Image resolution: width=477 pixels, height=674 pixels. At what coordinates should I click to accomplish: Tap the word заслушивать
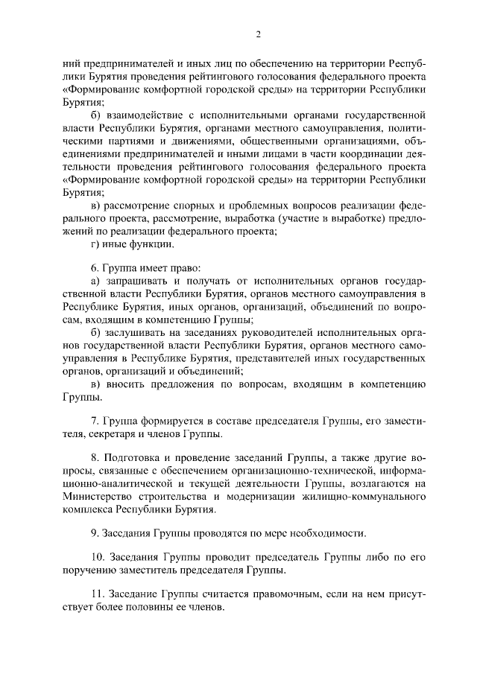point(139,333)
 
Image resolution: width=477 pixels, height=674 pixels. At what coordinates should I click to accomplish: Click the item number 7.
point(94,422)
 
